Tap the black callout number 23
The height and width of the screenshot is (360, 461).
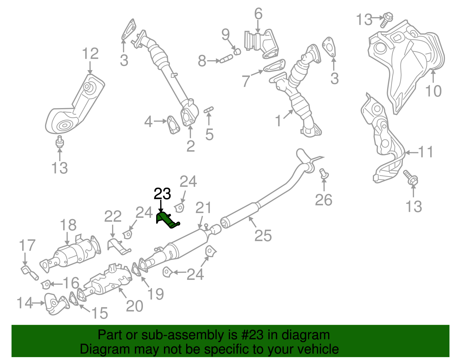coord(162,194)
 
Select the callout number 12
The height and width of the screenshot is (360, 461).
coord(90,54)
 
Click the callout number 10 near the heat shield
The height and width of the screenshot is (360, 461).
coord(433,91)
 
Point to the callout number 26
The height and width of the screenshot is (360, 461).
coord(324,200)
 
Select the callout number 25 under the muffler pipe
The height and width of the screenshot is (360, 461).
coord(263,236)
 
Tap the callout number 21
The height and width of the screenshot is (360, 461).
coord(203,208)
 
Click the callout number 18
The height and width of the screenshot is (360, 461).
coord(68,225)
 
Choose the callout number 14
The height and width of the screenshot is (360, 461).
coord(25,303)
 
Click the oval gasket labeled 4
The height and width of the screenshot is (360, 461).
coord(173,125)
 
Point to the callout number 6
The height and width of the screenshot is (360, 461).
coord(258,14)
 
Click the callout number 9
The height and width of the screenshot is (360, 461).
coord(226,35)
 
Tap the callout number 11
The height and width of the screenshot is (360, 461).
coord(426,152)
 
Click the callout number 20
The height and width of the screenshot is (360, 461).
coord(134,306)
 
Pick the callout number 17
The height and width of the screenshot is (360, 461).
coord(27,246)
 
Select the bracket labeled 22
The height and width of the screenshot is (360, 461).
coord(118,246)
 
